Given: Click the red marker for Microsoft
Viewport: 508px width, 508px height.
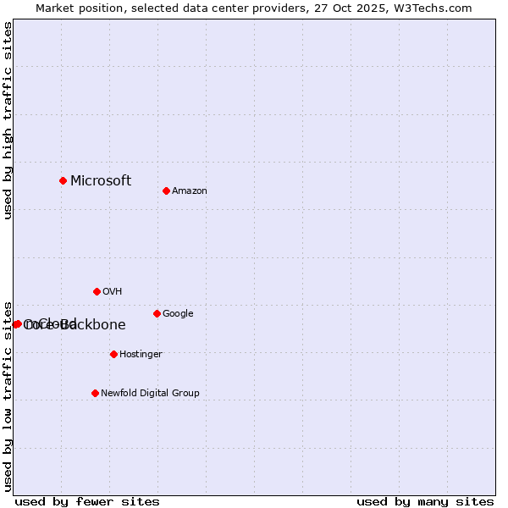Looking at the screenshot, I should (63, 180).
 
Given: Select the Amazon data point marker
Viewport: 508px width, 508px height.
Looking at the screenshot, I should (166, 190).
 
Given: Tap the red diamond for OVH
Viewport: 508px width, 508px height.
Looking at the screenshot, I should (97, 291).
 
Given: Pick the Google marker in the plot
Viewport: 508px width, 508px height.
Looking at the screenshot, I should (157, 313).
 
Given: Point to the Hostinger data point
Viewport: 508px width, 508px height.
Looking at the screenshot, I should (113, 354).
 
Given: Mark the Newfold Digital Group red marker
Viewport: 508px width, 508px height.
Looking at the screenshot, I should (95, 393).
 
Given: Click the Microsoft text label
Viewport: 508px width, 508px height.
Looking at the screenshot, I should (101, 180).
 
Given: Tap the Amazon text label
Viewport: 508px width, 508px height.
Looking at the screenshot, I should (190, 191).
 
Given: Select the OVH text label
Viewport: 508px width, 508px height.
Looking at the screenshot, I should (113, 292).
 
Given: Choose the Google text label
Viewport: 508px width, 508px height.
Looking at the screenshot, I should (178, 314).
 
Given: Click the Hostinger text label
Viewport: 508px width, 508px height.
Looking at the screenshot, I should (141, 355).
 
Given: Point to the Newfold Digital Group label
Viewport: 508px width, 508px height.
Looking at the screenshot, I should (150, 394).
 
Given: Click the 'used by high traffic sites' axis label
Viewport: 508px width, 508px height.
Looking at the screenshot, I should (8, 120).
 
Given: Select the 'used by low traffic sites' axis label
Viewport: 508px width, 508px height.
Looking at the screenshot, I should (8, 395).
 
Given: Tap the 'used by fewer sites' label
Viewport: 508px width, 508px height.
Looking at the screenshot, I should (87, 501).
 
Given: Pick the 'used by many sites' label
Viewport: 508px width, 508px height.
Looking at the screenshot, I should (425, 501).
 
